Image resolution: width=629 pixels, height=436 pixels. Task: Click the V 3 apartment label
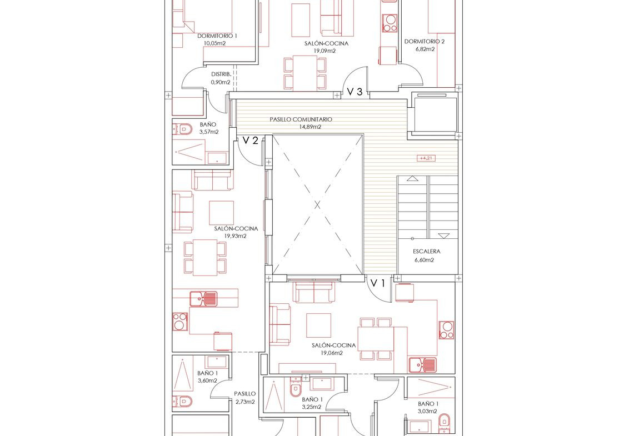(x=355, y=92)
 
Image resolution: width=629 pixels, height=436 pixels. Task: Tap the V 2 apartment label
(x=250, y=141)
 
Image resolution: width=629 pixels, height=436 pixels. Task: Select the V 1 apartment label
(x=377, y=284)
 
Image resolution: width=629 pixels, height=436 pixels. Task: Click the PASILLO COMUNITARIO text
(x=301, y=119)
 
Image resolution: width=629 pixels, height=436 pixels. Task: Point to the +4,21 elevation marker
(x=426, y=158)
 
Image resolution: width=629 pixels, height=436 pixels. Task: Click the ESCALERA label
(x=427, y=252)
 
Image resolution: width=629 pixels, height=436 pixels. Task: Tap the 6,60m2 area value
(x=424, y=260)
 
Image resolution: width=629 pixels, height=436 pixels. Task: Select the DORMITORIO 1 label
(x=217, y=36)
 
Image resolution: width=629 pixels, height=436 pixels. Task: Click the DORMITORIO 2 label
(x=425, y=41)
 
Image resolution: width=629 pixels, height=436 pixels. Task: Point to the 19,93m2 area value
(x=236, y=236)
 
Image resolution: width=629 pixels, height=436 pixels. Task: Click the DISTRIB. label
(x=221, y=74)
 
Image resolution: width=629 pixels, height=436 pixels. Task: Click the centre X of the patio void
(x=318, y=205)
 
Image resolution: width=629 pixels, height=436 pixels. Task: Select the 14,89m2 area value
(x=310, y=127)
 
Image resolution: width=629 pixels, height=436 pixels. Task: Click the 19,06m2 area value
(x=331, y=353)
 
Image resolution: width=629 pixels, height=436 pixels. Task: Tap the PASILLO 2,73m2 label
(x=245, y=398)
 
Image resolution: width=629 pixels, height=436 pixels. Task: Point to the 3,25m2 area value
(x=312, y=407)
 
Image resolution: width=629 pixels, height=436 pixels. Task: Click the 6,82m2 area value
(x=425, y=49)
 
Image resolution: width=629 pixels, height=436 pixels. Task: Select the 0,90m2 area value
(x=221, y=82)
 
